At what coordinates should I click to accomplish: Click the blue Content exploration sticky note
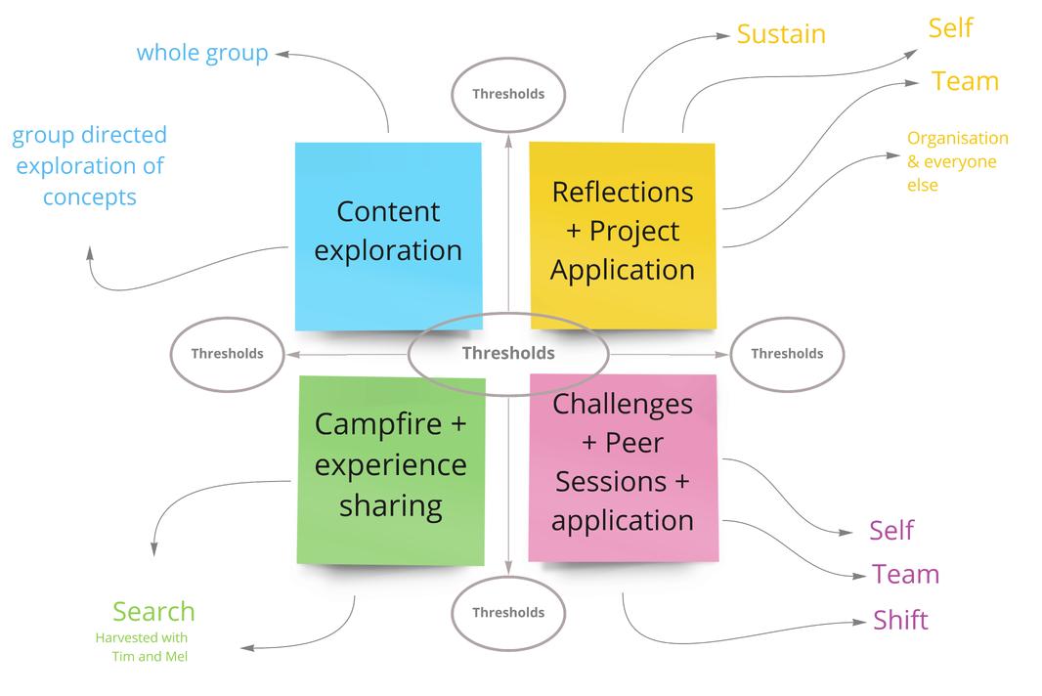pyautogui.click(x=388, y=235)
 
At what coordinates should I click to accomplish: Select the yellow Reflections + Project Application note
pyautogui.click(x=623, y=235)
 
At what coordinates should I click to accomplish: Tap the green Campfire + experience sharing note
pyautogui.click(x=390, y=469)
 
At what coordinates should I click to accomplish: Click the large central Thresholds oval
pyautogui.click(x=507, y=354)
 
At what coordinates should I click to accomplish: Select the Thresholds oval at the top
pyautogui.click(x=507, y=94)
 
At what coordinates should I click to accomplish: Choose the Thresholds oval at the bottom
pyautogui.click(x=507, y=613)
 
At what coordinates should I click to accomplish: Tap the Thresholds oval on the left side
pyautogui.click(x=227, y=354)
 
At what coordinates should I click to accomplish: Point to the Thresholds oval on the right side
pyautogui.click(x=786, y=354)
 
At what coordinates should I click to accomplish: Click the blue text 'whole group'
pyautogui.click(x=202, y=53)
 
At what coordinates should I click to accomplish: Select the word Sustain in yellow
pyautogui.click(x=781, y=34)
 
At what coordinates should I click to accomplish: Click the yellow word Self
pyautogui.click(x=950, y=28)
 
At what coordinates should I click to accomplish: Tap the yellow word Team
pyautogui.click(x=965, y=81)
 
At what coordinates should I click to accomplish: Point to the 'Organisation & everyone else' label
pyautogui.click(x=956, y=161)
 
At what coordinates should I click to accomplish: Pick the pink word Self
pyautogui.click(x=890, y=531)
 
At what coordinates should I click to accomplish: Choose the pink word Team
pyautogui.click(x=905, y=575)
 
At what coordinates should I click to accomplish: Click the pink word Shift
pyautogui.click(x=900, y=621)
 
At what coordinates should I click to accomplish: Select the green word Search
pyautogui.click(x=153, y=612)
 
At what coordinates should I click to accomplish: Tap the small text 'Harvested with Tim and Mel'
pyautogui.click(x=143, y=647)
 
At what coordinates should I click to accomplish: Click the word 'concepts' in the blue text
pyautogui.click(x=89, y=197)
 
